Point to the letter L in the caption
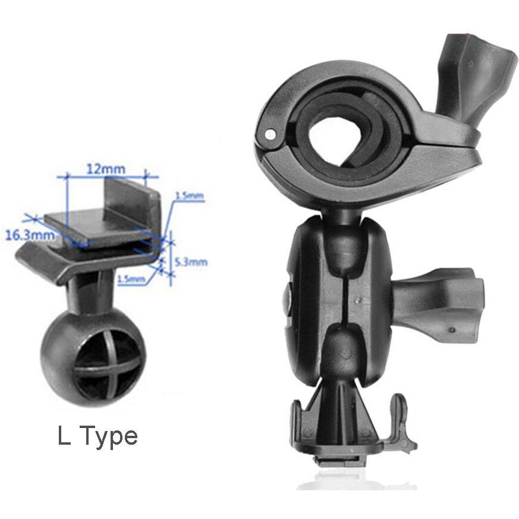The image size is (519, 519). (x=64, y=437)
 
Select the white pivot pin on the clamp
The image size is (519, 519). (x=271, y=134)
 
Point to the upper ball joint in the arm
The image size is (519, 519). (x=344, y=244)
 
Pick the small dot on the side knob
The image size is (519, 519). (x=452, y=329)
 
